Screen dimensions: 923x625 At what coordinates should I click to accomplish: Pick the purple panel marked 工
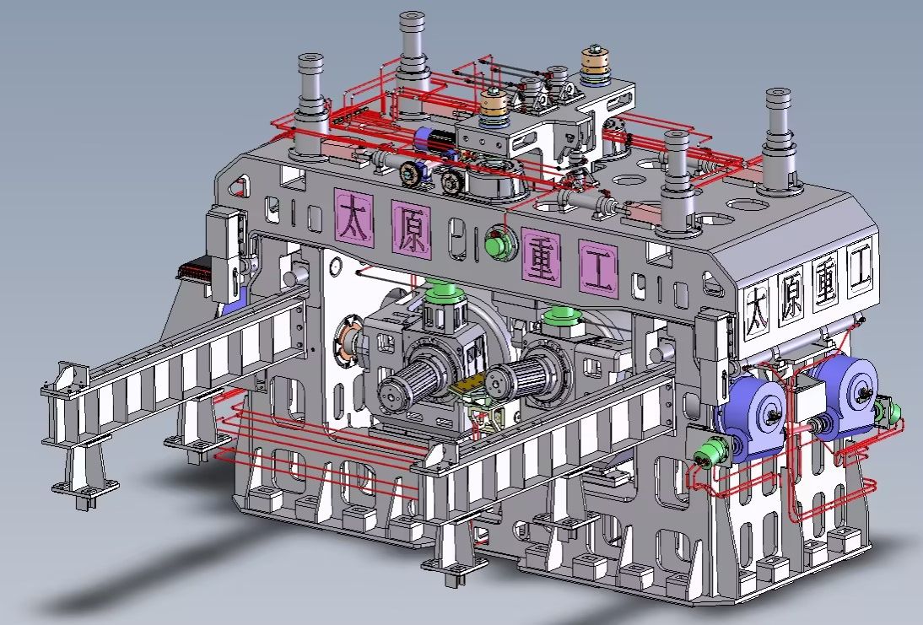(x=599, y=267)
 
